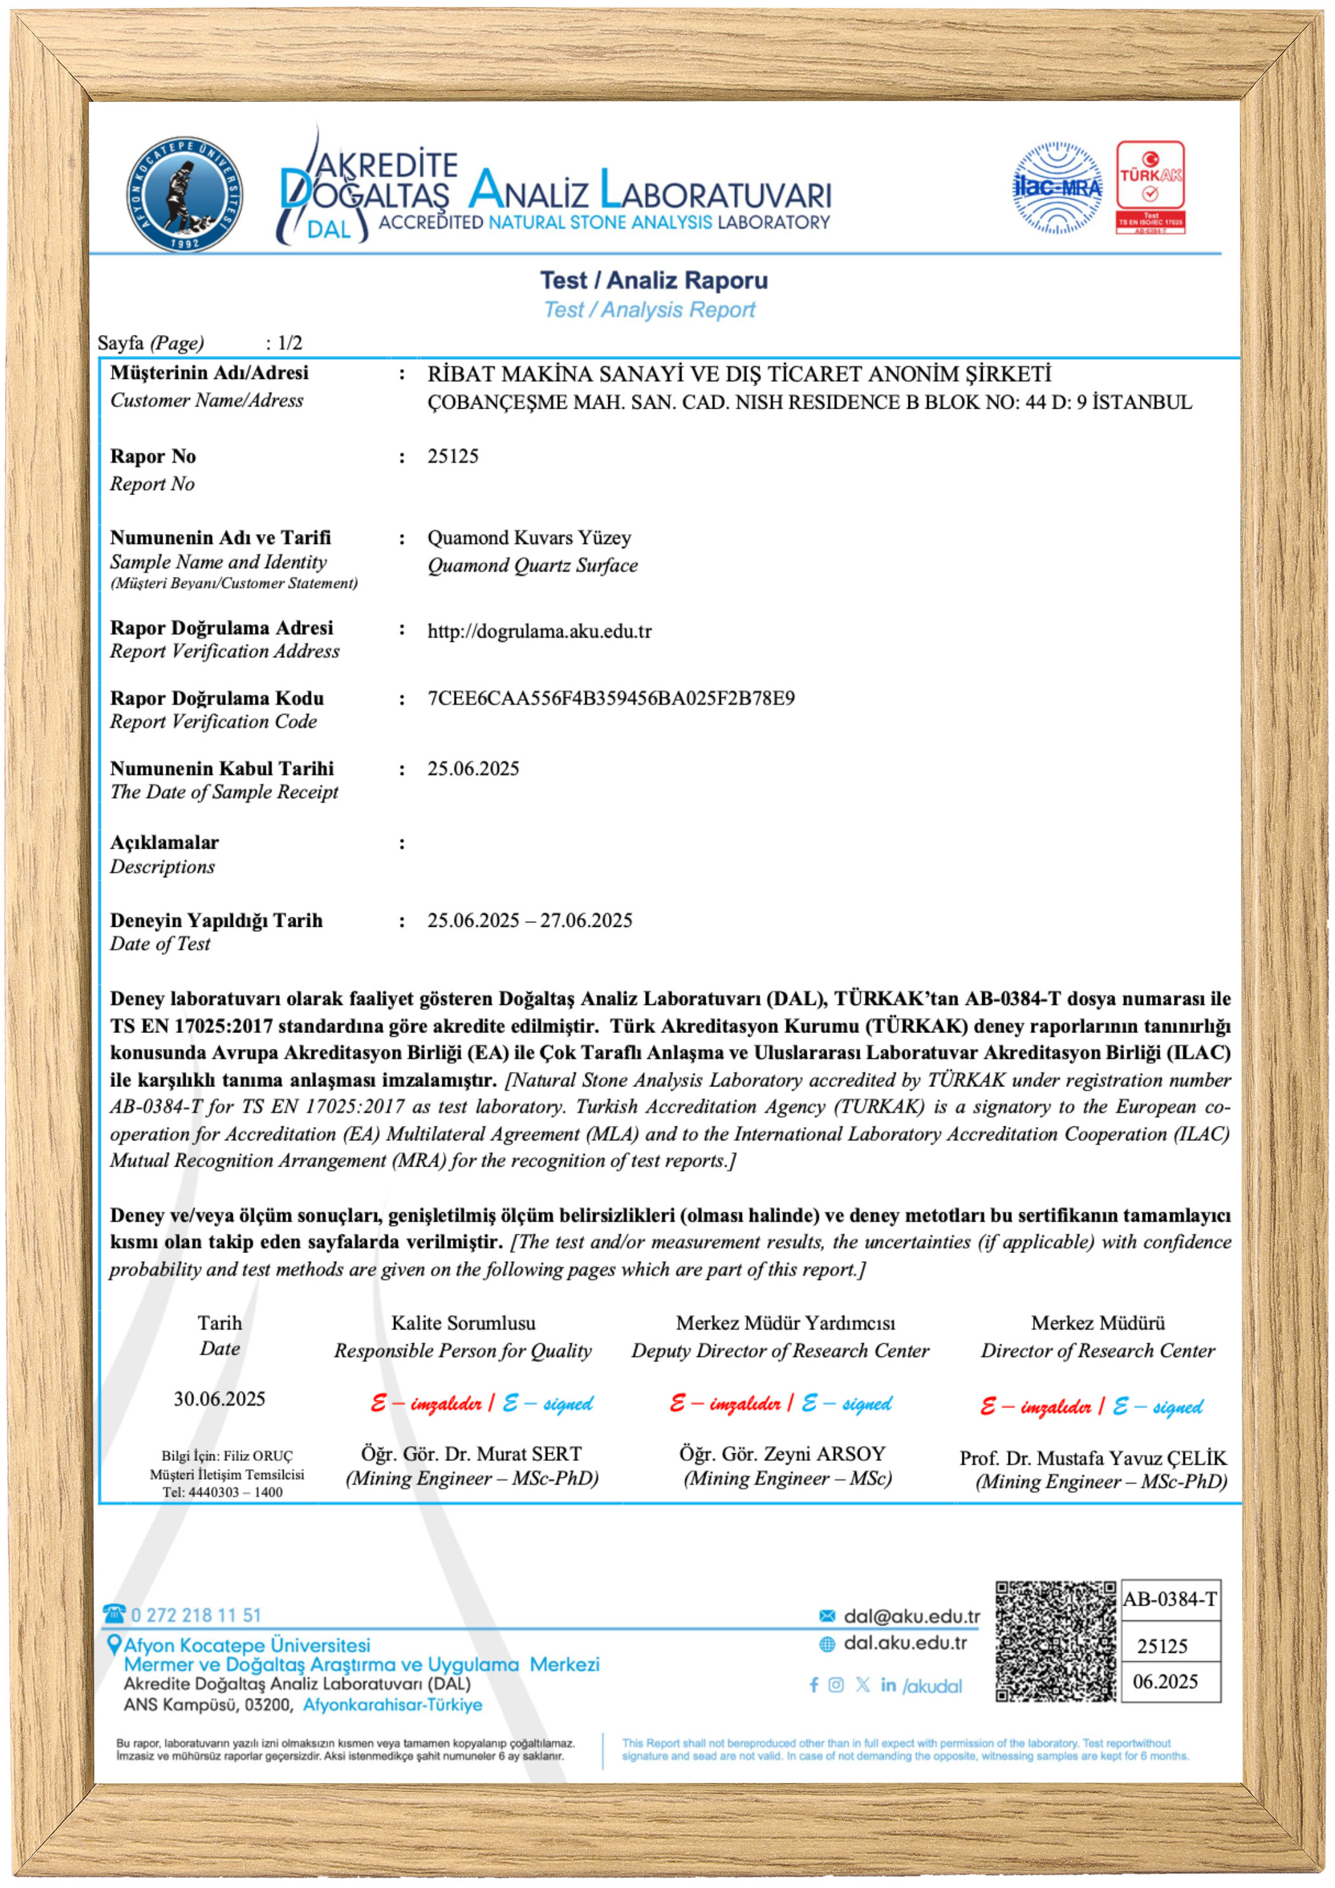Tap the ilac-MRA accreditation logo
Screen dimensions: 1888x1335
[1057, 188]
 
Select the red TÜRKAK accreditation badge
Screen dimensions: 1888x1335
[1150, 188]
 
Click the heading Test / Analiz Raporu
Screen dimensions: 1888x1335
[654, 280]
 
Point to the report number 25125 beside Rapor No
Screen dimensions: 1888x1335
[453, 456]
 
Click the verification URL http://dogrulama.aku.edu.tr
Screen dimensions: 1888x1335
[539, 631]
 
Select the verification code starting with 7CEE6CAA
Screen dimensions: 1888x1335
[610, 698]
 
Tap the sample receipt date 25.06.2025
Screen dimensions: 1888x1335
[473, 769]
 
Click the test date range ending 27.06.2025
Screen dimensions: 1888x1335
[530, 920]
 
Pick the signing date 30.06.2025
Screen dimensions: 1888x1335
[219, 1399]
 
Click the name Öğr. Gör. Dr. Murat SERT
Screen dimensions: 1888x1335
[471, 1454]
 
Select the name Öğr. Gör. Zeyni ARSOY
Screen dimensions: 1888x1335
[781, 1454]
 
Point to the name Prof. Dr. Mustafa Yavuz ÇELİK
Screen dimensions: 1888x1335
[1092, 1458]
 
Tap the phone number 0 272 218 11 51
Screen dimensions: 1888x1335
[196, 1615]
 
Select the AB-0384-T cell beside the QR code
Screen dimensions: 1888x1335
[1169, 1599]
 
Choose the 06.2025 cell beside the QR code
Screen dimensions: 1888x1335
[1165, 1681]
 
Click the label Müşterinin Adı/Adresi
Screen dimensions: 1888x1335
[209, 373]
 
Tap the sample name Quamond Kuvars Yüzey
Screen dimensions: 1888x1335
[529, 538]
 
